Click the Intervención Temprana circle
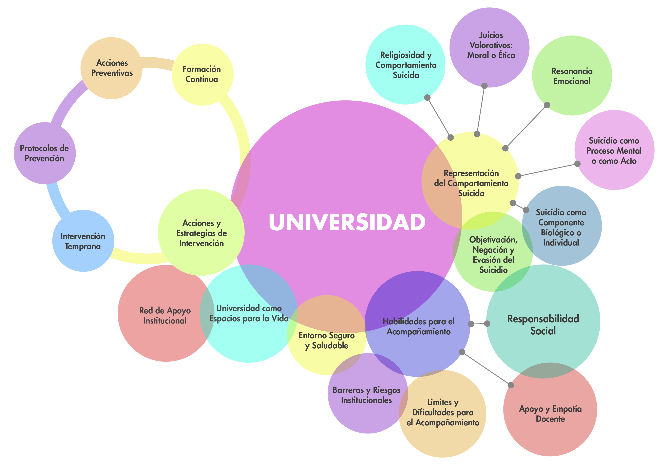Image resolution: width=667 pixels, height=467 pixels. (83, 241)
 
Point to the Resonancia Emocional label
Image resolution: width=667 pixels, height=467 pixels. (572, 76)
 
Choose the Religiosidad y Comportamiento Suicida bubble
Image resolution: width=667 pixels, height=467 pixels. (405, 65)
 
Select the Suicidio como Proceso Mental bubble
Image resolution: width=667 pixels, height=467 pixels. (614, 150)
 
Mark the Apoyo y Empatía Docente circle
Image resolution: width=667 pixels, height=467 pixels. (550, 414)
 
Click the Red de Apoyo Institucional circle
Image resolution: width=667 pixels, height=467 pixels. (165, 315)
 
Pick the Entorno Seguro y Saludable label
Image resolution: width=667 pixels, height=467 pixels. (327, 340)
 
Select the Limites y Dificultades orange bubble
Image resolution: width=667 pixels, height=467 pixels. (442, 412)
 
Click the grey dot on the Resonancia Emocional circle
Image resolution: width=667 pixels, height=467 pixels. (547, 105)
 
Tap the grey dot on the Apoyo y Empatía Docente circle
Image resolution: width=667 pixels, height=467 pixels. (511, 385)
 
